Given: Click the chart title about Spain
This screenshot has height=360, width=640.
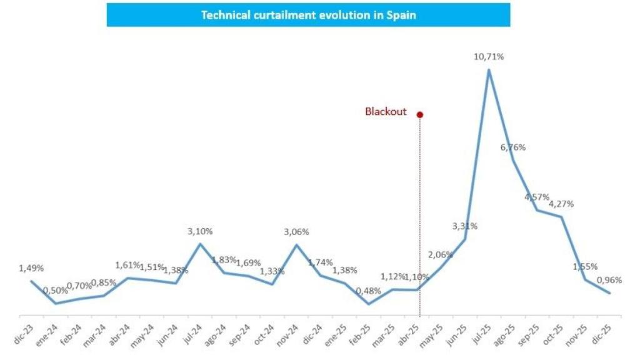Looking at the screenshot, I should pyautogui.click(x=308, y=15).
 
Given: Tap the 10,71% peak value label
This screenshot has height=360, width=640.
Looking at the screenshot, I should pyautogui.click(x=489, y=57).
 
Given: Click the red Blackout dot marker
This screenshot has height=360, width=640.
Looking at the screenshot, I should pyautogui.click(x=420, y=114).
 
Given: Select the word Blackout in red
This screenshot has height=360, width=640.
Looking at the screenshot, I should pyautogui.click(x=386, y=112).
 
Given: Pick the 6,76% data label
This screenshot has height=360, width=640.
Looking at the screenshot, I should pyautogui.click(x=513, y=147).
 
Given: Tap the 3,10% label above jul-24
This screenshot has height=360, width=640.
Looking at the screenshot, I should pyautogui.click(x=200, y=231).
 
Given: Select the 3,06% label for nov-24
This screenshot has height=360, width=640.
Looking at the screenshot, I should pyautogui.click(x=297, y=232).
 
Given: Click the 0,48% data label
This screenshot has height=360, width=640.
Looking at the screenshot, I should pyautogui.click(x=368, y=291).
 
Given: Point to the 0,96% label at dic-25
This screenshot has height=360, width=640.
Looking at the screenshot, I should pyautogui.click(x=609, y=279).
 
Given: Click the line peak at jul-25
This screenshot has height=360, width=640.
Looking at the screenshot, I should pyautogui.click(x=489, y=69).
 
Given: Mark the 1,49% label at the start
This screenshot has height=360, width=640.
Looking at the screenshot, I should pyautogui.click(x=31, y=268).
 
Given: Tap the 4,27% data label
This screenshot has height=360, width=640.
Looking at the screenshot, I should pyautogui.click(x=561, y=204).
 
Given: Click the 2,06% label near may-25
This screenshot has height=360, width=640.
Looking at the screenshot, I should pyautogui.click(x=440, y=254).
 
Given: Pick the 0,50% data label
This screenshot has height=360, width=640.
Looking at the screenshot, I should pyautogui.click(x=55, y=291).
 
